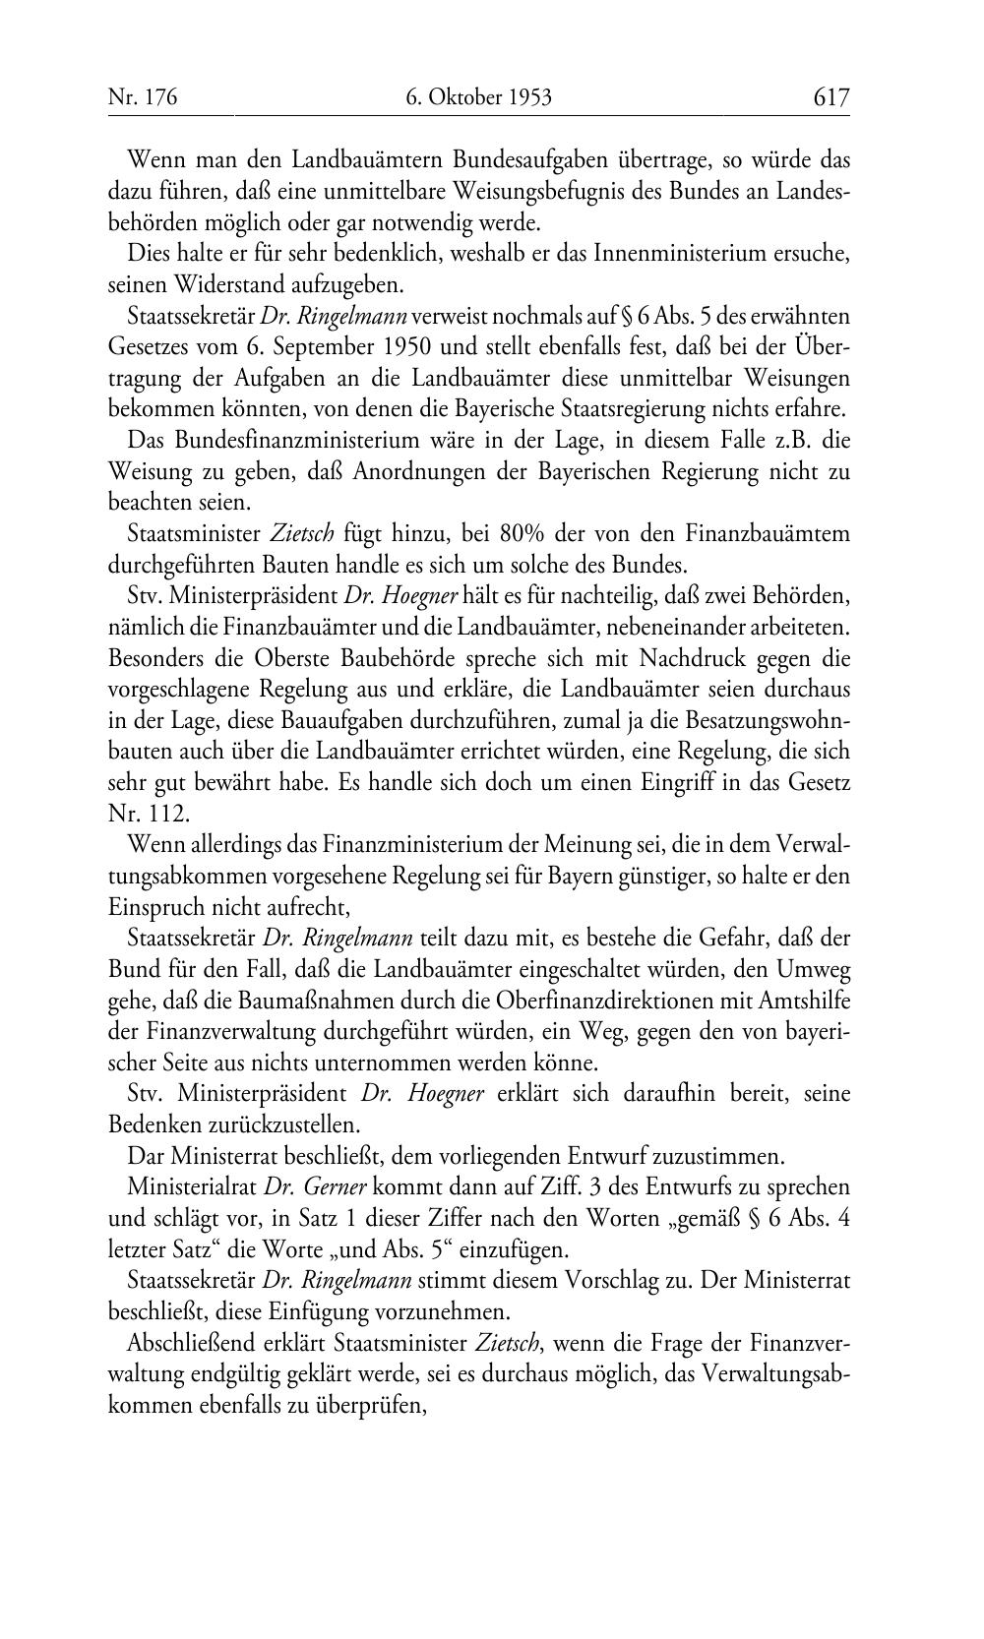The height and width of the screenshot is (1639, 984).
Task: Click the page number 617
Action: click(830, 97)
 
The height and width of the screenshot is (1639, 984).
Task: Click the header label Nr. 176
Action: click(143, 97)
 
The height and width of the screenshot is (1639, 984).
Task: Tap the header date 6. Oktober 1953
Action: click(478, 97)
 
